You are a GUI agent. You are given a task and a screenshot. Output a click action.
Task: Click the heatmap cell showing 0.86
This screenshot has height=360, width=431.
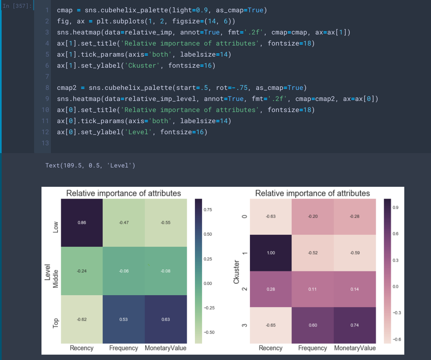[x=82, y=223]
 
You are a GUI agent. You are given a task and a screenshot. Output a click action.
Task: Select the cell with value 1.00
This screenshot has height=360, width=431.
[x=271, y=253]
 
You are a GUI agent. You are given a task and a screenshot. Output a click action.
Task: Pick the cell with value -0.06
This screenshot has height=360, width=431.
[x=123, y=271]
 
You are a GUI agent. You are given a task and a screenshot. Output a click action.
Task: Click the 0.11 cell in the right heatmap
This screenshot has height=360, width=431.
[x=312, y=289]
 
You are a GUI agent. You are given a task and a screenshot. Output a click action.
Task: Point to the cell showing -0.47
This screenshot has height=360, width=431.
[x=123, y=223]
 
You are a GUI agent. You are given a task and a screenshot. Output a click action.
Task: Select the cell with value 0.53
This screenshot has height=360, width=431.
[x=123, y=319]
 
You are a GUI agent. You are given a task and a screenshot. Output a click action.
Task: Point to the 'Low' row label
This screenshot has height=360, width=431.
[x=55, y=228]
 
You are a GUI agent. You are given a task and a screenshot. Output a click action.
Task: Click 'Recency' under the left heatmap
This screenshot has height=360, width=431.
[x=82, y=348]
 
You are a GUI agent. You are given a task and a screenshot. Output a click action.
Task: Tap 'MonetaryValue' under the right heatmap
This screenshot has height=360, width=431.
[x=355, y=348]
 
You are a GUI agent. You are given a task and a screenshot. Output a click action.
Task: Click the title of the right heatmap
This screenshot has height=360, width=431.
[x=312, y=194]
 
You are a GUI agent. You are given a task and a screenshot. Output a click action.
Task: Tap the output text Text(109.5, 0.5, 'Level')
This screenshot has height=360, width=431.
[x=90, y=165]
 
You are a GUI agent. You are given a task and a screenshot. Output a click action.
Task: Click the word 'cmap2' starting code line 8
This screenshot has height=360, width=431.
[x=66, y=88]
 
